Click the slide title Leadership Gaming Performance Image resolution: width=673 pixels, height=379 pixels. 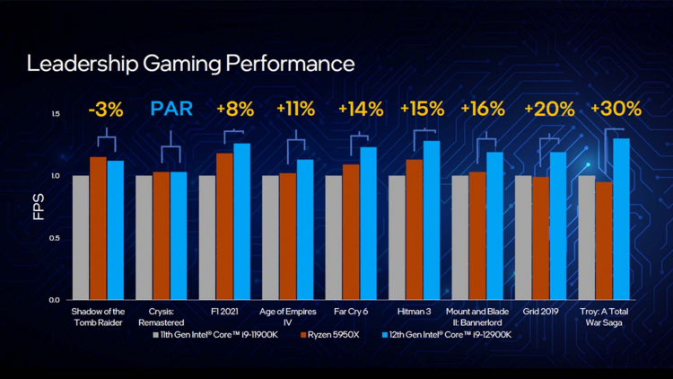[190, 65]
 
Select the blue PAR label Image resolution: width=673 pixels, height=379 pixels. [171, 110]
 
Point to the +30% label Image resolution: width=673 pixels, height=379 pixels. [616, 110]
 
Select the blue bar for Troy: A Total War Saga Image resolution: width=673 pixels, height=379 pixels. [621, 219]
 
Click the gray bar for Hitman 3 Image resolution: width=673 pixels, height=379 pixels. [397, 238]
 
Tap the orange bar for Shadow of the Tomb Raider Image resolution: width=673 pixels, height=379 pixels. [98, 228]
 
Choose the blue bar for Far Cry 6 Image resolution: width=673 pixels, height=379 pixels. [368, 224]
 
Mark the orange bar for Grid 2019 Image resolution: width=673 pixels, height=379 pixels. [540, 238]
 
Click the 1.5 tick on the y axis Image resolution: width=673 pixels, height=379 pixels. [56, 114]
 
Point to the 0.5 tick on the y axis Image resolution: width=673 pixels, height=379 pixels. [56, 238]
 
